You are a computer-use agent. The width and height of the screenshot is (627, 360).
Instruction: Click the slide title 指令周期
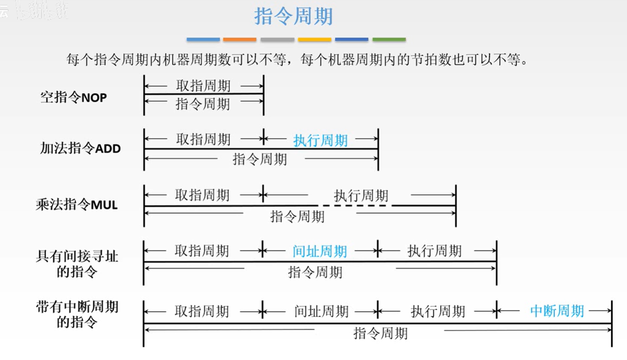point(293,17)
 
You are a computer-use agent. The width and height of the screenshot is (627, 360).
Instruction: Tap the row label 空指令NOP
point(74,97)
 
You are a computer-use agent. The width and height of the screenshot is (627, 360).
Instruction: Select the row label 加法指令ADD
point(80,149)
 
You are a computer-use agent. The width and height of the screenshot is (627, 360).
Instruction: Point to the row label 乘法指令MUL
point(77,205)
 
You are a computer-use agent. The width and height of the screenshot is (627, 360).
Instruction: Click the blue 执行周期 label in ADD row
point(320,140)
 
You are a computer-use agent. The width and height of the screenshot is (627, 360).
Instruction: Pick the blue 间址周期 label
point(319,251)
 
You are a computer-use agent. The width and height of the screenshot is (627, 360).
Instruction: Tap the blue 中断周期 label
point(557,311)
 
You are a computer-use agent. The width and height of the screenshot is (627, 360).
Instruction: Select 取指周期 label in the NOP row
point(203,86)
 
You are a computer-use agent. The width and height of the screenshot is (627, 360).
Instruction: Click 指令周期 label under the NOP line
point(203,104)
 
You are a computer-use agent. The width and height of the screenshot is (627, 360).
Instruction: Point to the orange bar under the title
point(240,40)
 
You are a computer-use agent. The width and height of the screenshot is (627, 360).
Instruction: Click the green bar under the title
point(389,40)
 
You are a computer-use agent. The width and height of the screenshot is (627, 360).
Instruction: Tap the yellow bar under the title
point(314,40)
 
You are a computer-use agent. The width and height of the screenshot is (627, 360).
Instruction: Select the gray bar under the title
point(277,40)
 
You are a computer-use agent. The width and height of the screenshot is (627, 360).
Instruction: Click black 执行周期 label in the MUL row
point(361,196)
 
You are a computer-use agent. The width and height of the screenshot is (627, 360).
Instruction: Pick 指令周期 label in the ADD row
point(260,159)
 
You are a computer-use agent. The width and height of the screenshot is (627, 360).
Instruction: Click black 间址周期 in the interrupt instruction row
point(321,312)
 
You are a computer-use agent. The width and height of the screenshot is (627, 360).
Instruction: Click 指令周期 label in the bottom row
point(380,333)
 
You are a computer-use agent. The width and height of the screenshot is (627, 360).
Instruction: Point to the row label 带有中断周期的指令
point(77,314)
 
